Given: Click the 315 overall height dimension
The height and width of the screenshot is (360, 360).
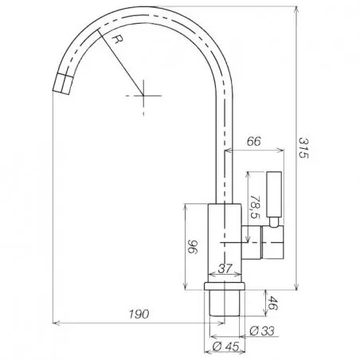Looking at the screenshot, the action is (x=303, y=147).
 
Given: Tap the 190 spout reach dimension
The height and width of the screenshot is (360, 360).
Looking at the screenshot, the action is (x=139, y=314).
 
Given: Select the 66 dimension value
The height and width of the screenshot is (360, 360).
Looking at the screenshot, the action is (x=254, y=141).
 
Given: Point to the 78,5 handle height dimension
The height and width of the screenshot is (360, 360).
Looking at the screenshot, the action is (x=255, y=207).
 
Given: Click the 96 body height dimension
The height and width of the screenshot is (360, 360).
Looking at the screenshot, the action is (x=193, y=247).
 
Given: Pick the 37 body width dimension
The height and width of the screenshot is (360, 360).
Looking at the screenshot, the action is (x=225, y=268).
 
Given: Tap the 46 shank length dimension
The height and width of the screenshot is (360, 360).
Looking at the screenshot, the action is (x=272, y=303).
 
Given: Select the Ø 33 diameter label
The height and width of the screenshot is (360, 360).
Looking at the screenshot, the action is (x=262, y=331).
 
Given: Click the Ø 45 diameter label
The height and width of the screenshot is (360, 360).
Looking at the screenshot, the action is (x=226, y=346).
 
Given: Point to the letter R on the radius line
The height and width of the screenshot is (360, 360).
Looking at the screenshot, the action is (x=117, y=39).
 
